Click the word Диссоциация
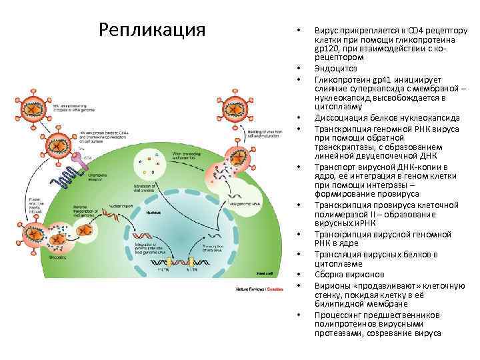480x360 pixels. (343, 118)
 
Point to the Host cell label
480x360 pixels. (265, 274)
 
